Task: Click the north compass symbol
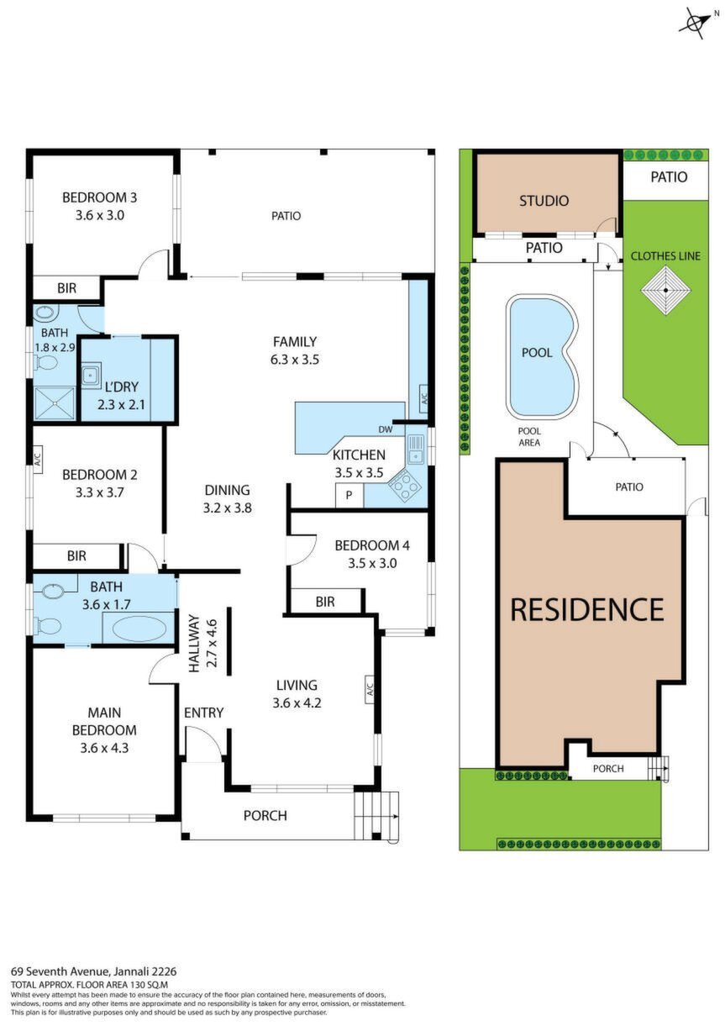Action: coord(696,22)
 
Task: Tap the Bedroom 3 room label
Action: coord(99,197)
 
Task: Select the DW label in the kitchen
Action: coord(386,429)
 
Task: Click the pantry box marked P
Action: coord(349,495)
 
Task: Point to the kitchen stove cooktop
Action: coord(404,487)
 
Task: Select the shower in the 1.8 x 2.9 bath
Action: coord(55,403)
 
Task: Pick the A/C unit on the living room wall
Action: coord(370,689)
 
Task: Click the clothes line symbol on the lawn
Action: coord(665,290)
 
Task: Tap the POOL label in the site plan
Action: coord(537,353)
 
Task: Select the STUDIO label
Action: coord(544,201)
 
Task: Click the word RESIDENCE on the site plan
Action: coord(586,609)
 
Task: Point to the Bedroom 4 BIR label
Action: coord(325,602)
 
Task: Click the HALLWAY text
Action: coord(195,643)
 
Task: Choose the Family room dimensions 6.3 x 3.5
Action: coord(295,360)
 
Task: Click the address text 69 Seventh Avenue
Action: coord(60,971)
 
